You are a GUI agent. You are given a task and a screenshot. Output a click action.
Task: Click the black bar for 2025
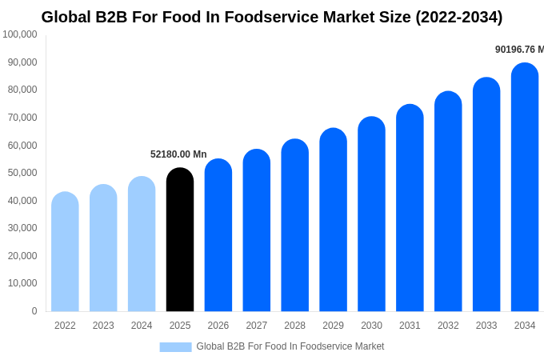(x=180, y=240)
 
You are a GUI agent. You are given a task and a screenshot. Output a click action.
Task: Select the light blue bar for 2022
(x=65, y=252)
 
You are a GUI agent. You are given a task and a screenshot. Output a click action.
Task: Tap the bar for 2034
(x=525, y=188)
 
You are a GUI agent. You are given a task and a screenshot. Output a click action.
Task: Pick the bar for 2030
(x=371, y=214)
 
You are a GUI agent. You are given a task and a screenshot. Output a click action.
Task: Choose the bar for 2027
(x=257, y=230)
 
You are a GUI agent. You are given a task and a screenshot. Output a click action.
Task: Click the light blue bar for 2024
(x=142, y=244)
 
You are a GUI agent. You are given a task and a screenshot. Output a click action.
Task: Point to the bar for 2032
(x=448, y=202)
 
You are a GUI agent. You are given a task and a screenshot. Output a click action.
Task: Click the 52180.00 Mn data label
(x=178, y=154)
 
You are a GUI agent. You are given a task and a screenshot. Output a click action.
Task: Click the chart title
(x=272, y=17)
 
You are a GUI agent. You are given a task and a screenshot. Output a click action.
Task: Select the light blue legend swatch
(x=175, y=346)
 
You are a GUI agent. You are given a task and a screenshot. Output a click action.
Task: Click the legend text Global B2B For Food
(x=290, y=346)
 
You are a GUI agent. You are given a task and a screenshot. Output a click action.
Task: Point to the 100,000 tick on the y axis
(x=20, y=34)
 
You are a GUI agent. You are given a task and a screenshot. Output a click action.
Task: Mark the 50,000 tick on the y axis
(x=22, y=173)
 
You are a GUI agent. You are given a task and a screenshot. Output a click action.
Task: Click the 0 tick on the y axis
(x=34, y=311)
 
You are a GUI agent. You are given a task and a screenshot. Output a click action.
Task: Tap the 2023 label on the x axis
(x=103, y=326)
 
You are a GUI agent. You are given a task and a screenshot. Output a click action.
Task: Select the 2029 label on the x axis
(x=333, y=326)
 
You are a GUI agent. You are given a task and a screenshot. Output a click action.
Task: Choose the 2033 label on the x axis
(x=486, y=326)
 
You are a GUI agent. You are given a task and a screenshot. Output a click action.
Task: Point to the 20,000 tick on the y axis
(x=22, y=256)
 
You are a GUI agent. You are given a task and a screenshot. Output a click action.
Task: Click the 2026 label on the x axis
(x=218, y=326)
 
